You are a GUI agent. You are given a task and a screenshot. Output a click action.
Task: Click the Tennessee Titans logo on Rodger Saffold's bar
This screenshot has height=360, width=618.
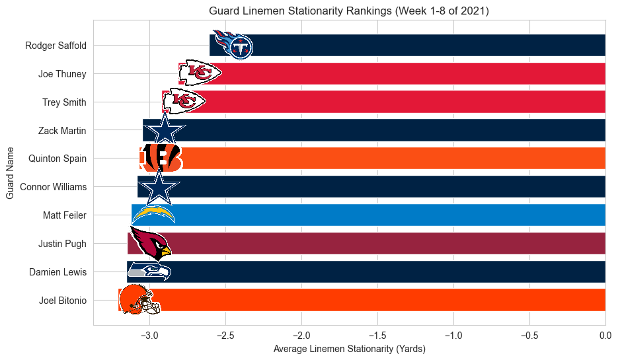[232, 45]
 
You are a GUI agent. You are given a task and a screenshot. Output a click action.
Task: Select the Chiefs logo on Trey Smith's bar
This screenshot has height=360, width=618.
[184, 101]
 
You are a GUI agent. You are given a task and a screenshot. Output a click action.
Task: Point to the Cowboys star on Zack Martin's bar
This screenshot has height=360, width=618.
[164, 129]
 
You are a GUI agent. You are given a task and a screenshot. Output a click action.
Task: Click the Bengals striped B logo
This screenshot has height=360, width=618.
[161, 158]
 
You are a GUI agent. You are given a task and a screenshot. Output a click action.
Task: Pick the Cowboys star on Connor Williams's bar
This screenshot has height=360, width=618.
[159, 186]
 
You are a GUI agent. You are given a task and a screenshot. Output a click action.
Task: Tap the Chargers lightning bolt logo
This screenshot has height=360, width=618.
[153, 214]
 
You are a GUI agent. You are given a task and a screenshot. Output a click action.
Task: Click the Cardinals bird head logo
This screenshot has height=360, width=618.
[150, 242]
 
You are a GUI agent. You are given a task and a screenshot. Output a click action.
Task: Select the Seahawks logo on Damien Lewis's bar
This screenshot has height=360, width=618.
[149, 271]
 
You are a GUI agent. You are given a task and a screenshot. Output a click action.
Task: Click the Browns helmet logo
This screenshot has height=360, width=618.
[139, 299]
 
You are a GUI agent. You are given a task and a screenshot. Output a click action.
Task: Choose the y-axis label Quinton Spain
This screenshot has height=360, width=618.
[58, 159]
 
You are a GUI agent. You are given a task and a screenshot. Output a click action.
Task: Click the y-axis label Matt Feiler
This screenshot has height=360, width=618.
[65, 215]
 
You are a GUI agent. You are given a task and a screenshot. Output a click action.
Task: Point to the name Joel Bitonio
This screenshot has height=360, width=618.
[62, 300]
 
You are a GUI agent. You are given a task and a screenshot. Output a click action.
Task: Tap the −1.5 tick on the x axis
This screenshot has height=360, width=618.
[377, 336]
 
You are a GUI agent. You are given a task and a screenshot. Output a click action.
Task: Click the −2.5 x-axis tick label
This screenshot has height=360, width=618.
[226, 336]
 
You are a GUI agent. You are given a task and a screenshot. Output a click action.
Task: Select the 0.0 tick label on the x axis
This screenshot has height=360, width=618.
[605, 336]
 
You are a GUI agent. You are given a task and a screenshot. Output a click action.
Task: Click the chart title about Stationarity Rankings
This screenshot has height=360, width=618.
[348, 11]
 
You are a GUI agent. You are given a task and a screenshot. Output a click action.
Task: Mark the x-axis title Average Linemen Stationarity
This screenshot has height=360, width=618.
[349, 349]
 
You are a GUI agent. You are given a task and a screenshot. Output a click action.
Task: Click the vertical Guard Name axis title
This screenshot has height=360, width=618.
[11, 173]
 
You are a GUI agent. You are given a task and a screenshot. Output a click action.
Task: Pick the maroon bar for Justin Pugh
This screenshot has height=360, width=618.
[383, 243]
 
